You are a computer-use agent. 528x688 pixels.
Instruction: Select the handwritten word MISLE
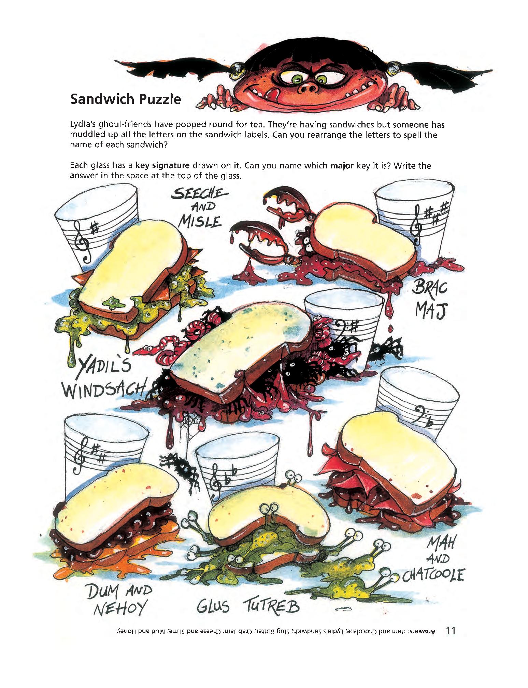(x=201, y=222)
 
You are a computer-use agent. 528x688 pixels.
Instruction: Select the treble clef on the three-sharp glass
(x=416, y=228)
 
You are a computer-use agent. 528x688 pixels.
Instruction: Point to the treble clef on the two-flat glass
(x=216, y=482)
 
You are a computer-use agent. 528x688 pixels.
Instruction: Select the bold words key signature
(x=162, y=166)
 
